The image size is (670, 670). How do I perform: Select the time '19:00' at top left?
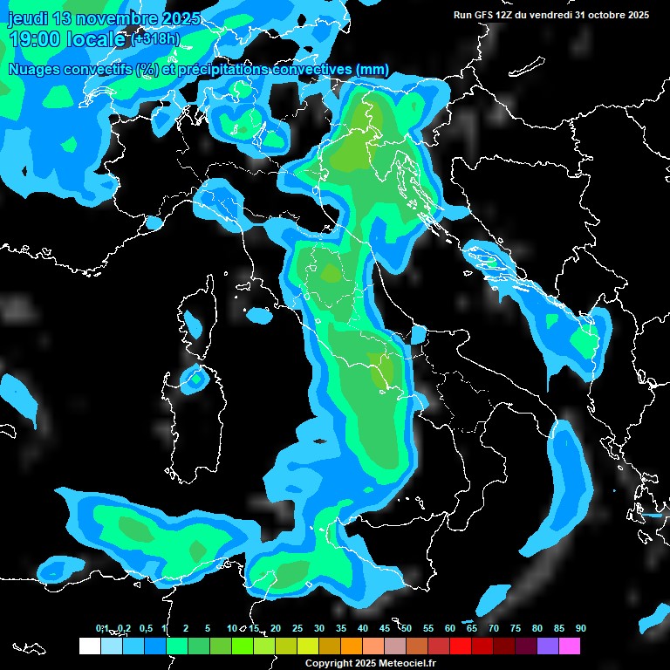[38, 39]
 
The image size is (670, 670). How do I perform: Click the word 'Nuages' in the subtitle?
[36, 70]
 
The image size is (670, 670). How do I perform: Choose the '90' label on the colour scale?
[580, 629]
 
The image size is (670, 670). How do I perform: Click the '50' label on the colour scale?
[407, 629]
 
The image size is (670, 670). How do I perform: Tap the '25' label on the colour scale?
[297, 629]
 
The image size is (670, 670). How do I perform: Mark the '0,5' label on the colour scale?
[145, 629]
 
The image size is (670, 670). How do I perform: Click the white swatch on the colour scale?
[89, 646]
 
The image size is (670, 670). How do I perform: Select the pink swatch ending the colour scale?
[569, 646]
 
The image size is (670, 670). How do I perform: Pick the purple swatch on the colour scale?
[547, 646]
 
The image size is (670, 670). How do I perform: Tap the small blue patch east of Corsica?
[259, 315]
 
